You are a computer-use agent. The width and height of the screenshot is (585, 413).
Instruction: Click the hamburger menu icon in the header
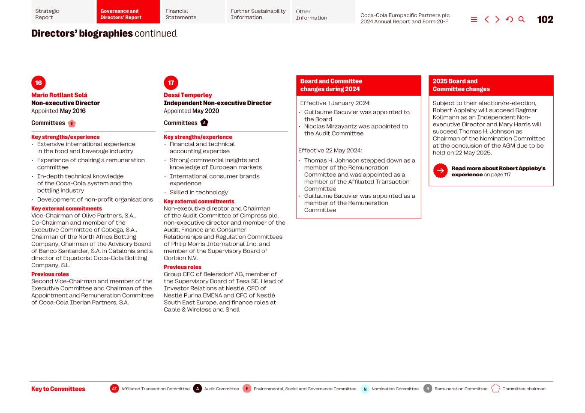(474, 19)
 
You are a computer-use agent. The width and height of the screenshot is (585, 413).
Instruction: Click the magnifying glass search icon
(522, 19)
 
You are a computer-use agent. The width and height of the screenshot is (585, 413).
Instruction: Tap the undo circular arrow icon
(509, 19)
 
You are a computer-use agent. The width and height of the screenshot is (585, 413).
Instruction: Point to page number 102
(545, 20)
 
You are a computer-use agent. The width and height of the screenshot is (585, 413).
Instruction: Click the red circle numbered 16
(39, 83)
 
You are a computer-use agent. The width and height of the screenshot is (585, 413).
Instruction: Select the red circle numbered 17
(171, 83)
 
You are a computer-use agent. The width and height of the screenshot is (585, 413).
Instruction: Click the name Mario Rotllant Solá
(59, 95)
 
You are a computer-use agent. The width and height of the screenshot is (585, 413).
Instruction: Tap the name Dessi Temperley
(188, 95)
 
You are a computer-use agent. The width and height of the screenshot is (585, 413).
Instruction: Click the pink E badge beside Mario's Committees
(72, 124)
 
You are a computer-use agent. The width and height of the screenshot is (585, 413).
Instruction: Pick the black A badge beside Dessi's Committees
(204, 123)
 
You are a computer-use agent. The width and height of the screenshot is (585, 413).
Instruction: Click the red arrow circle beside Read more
(440, 171)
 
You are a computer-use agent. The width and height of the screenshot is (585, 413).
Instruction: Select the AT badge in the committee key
(114, 389)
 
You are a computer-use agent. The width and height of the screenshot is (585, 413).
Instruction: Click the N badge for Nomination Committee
(365, 389)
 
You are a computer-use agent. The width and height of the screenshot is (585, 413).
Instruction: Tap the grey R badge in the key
(428, 389)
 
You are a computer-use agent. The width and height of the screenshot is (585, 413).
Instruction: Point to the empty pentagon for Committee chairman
(495, 389)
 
